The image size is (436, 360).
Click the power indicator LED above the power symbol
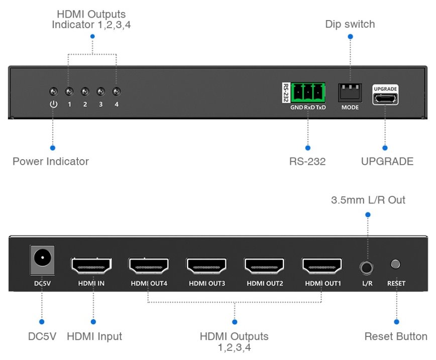[54, 92]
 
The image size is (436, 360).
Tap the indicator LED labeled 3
[100, 92]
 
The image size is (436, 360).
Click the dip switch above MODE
[350, 92]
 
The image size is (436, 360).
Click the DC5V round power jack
[42, 260]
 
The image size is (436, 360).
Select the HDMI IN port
[91, 265]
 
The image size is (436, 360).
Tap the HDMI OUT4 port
[149, 265]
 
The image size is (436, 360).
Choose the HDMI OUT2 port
[264, 265]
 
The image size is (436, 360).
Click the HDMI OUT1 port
[322, 265]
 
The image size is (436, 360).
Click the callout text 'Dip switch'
[350, 24]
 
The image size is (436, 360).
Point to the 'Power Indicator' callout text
[50, 161]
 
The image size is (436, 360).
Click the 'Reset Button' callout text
[396, 336]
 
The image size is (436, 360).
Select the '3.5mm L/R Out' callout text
[368, 200]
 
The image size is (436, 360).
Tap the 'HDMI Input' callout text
[94, 336]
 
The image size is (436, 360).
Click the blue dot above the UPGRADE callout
[385, 148]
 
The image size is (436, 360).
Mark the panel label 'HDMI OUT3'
[206, 284]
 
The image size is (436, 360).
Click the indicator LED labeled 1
[69, 92]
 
